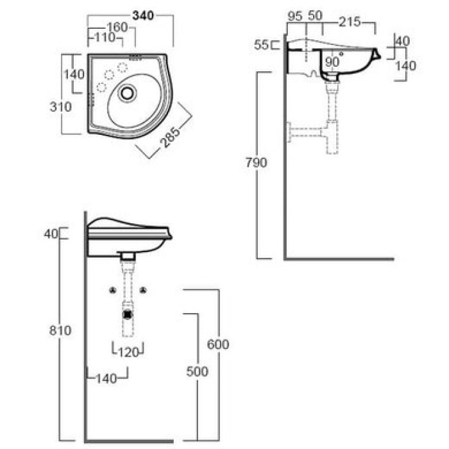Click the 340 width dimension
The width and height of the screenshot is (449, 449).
click(143, 15)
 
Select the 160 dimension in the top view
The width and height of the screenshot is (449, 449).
click(117, 27)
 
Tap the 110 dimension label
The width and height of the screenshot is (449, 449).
click(105, 37)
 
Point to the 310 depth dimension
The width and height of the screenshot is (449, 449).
click(61, 107)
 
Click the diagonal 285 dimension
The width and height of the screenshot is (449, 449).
click(171, 137)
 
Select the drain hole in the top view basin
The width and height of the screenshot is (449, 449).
click(127, 93)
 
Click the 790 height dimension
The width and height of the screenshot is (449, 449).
click(257, 163)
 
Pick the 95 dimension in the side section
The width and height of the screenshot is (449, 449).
click(295, 16)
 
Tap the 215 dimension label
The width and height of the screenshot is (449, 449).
click(350, 22)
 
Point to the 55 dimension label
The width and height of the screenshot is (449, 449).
click(261, 45)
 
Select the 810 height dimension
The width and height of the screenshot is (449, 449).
click(60, 330)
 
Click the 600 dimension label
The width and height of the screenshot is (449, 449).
click(218, 344)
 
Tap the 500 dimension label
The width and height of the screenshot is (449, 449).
click(197, 371)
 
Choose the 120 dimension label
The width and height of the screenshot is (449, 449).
click(128, 352)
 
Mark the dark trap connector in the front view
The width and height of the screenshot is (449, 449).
click(128, 314)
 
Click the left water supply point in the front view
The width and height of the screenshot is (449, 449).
click(113, 291)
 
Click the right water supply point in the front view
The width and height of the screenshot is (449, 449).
click(143, 291)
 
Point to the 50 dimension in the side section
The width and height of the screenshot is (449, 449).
click(315, 15)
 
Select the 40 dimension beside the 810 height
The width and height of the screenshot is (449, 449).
click(51, 234)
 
